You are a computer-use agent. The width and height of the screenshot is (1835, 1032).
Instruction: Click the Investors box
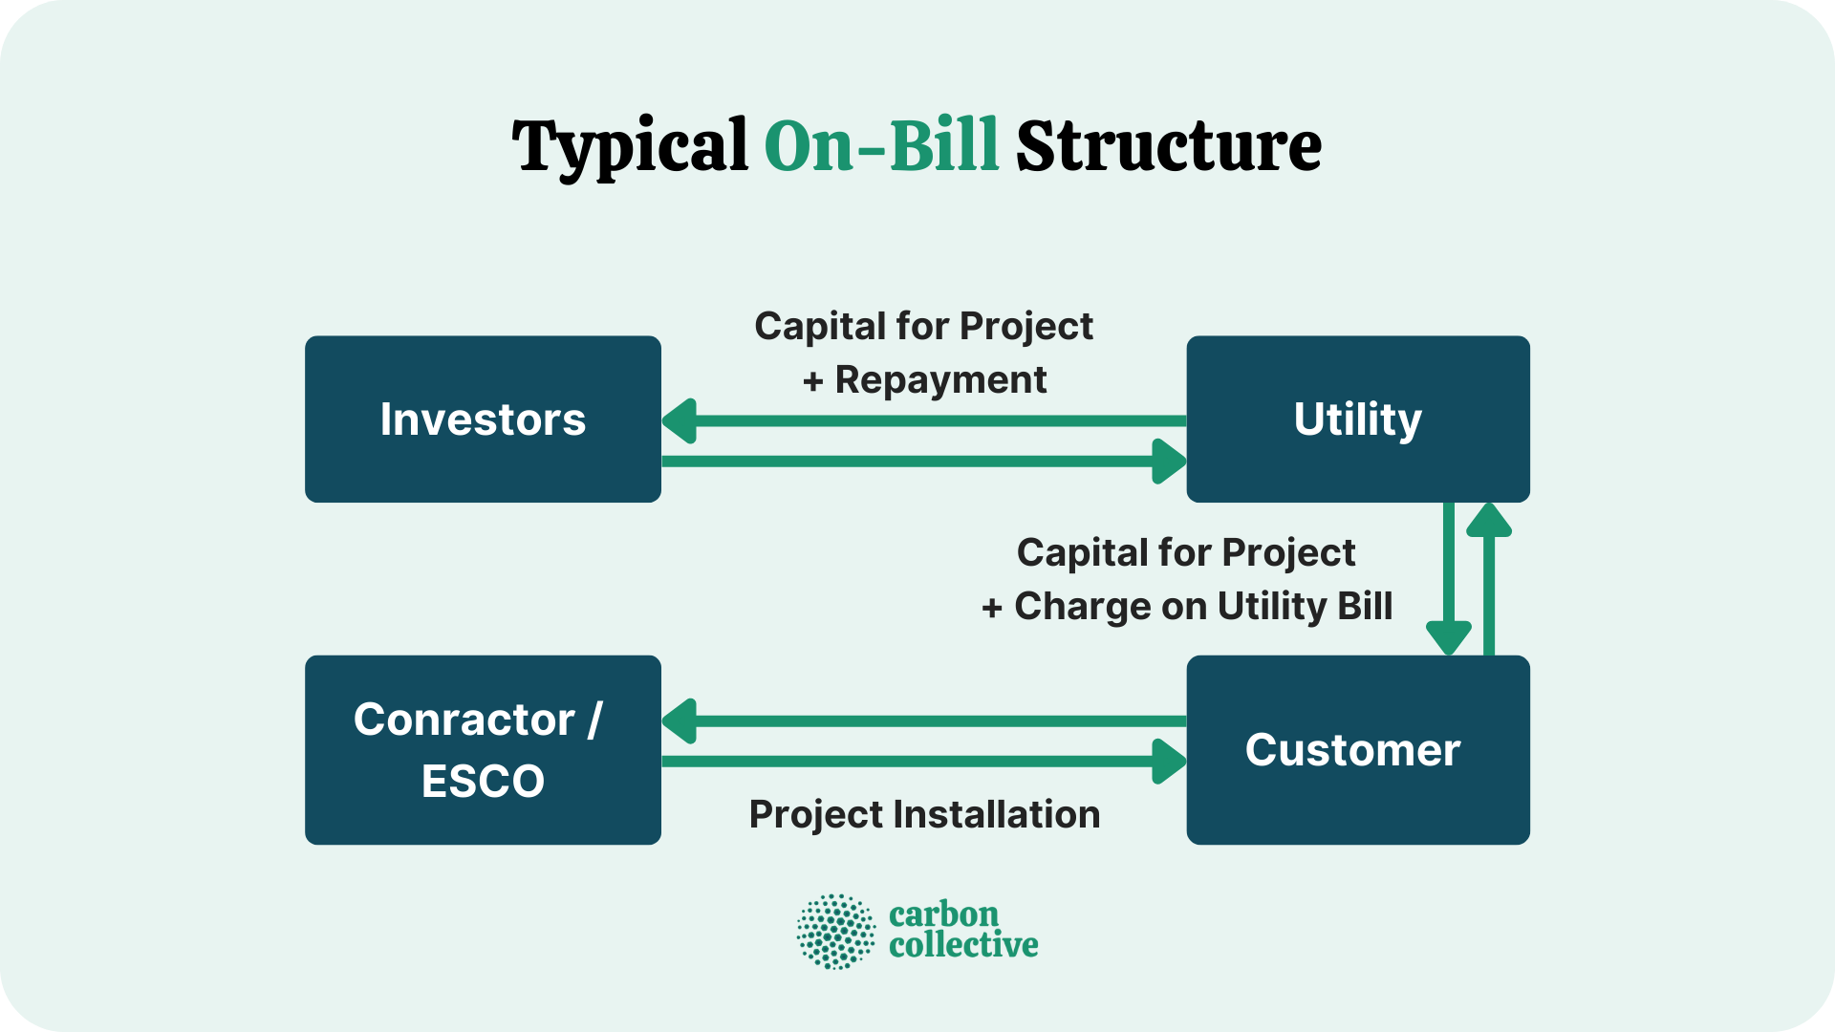(483, 419)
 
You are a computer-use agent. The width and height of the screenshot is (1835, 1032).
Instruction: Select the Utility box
(1357, 419)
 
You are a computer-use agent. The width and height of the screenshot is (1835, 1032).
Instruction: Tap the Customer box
(1357, 750)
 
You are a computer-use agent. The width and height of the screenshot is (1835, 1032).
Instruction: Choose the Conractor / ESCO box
(483, 750)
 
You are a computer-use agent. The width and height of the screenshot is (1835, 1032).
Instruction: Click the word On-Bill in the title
(881, 146)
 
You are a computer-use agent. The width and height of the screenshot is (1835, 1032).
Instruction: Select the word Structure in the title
(1168, 146)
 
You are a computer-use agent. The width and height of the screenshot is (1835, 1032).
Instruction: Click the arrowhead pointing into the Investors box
(680, 421)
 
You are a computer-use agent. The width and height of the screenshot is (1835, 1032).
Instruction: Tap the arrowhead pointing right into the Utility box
(1169, 462)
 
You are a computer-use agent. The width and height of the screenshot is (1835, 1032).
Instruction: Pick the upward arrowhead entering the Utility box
(1488, 519)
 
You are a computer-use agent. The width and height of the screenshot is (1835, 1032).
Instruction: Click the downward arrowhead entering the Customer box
(1448, 636)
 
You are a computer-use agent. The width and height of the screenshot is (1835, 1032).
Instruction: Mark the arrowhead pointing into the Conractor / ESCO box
(680, 721)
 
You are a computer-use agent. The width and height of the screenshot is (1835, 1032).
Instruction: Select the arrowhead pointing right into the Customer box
(1169, 762)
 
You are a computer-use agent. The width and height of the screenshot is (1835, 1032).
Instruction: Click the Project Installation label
(924, 815)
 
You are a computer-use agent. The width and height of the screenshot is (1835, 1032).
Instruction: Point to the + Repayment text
(924, 380)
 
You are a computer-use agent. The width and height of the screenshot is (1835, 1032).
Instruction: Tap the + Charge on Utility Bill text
(1187, 606)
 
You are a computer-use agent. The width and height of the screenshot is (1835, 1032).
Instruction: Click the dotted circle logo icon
(836, 932)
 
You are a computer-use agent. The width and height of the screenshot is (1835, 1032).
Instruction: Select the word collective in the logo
(962, 946)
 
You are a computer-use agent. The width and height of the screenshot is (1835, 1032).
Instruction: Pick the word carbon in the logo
(943, 914)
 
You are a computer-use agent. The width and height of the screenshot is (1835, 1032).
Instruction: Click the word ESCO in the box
(483, 782)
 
